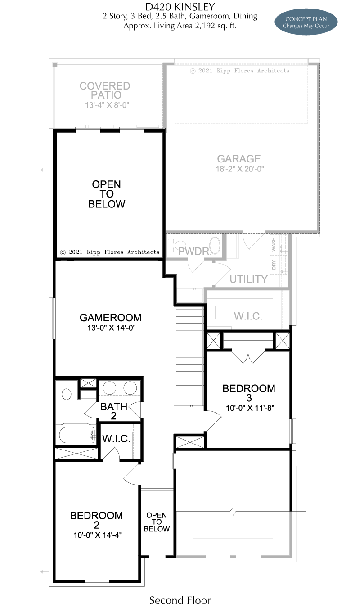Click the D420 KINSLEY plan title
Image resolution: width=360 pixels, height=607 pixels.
180,7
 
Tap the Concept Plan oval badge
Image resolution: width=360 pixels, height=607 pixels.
306,22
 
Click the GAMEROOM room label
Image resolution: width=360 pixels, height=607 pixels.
110,318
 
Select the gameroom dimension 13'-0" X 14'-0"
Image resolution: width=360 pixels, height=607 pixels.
111,328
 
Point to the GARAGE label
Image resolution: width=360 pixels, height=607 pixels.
239,159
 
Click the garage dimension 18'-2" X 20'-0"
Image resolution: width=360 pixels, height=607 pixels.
240,169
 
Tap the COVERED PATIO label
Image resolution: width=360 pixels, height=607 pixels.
105,90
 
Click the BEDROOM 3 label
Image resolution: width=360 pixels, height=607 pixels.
248,393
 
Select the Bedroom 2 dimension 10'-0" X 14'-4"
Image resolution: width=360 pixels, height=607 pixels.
98,535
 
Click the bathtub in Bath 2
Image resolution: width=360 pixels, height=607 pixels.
76,435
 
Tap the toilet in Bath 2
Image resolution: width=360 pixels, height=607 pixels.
67,390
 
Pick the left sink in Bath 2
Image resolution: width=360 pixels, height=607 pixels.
109,388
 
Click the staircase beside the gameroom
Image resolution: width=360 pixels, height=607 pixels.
189,355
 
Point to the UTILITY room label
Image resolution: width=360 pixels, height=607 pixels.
248,279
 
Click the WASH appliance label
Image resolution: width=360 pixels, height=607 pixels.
274,244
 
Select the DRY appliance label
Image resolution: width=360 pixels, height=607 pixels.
274,265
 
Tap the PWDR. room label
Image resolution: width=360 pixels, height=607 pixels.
194,251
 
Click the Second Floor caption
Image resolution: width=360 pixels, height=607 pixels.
180,600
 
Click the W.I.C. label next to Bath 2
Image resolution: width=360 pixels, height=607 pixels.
116,439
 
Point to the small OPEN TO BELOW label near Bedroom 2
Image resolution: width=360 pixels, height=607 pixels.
157,522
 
